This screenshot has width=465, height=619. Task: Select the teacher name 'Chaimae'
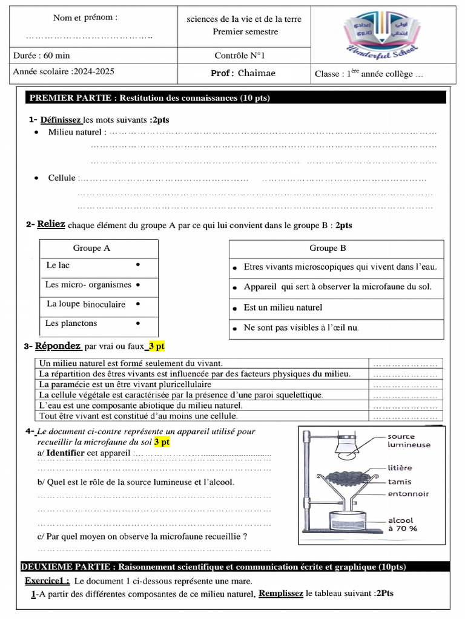(257, 73)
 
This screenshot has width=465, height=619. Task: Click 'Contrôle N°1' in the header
(240, 56)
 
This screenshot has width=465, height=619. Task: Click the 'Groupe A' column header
(91, 248)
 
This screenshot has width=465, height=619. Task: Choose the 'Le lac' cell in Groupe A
(58, 265)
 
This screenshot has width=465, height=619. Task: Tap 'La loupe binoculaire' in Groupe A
(86, 304)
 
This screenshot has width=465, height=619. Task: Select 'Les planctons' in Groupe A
(71, 323)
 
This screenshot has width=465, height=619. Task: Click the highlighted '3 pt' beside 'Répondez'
(156, 346)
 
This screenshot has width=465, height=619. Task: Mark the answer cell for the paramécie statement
(405, 384)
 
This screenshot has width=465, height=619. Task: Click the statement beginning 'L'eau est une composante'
(140, 406)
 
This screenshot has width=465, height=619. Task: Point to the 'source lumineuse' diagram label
(409, 440)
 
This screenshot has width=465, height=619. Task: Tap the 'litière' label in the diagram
(400, 467)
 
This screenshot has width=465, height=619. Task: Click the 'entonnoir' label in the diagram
(408, 494)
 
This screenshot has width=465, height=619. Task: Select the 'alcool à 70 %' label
(402, 523)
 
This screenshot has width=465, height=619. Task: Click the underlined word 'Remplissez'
(281, 594)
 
